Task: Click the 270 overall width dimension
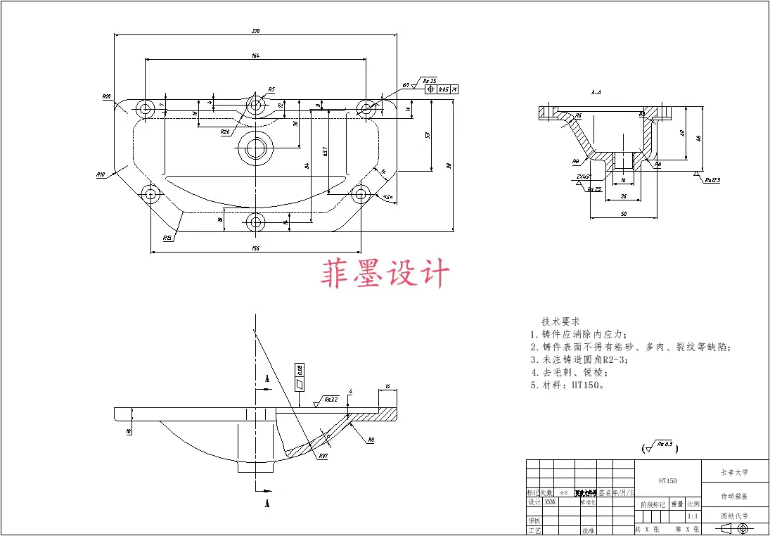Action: pos(256,31)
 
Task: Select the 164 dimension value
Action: pos(256,56)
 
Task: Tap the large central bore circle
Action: pos(255,147)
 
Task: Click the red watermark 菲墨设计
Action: pos(385,273)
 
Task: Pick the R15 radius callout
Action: pos(167,238)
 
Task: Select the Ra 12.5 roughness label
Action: pos(713,180)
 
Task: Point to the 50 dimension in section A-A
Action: pos(624,214)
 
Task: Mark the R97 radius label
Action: pos(323,456)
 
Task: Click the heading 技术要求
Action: pos(561,321)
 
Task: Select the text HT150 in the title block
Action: pos(667,481)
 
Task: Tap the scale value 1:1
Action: pos(693,516)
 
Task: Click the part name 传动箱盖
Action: pos(735,496)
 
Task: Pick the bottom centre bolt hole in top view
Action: pos(255,223)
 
